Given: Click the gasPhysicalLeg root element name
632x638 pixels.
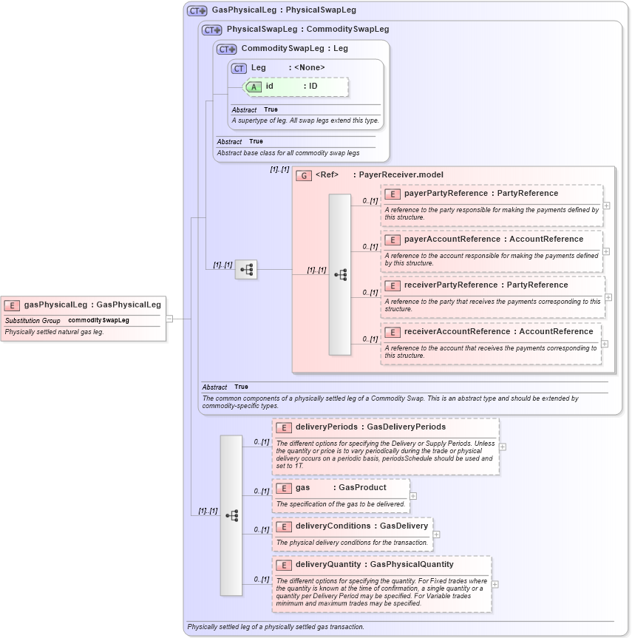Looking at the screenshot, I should point(55,305).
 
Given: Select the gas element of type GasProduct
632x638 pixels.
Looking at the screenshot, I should point(302,488).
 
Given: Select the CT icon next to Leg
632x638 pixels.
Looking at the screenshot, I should point(239,68).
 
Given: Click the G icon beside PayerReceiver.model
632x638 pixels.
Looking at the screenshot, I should point(303,175).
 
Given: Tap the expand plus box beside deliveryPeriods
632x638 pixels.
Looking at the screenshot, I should point(503,447).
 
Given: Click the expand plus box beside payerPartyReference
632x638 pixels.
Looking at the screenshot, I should point(606,206).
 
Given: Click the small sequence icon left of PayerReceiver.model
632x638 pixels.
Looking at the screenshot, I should point(246,270).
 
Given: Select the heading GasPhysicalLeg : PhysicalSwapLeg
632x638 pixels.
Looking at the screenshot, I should point(284,10).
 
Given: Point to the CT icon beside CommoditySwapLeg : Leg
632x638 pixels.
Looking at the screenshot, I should point(226,49).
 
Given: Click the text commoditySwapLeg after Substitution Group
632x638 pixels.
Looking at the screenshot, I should point(98,321).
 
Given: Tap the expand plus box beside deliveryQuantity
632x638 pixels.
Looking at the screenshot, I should point(495,584).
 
